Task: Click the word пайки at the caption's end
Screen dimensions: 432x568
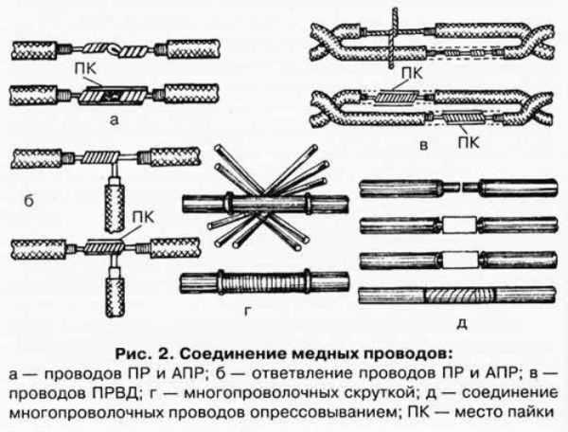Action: coord(535,398)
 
